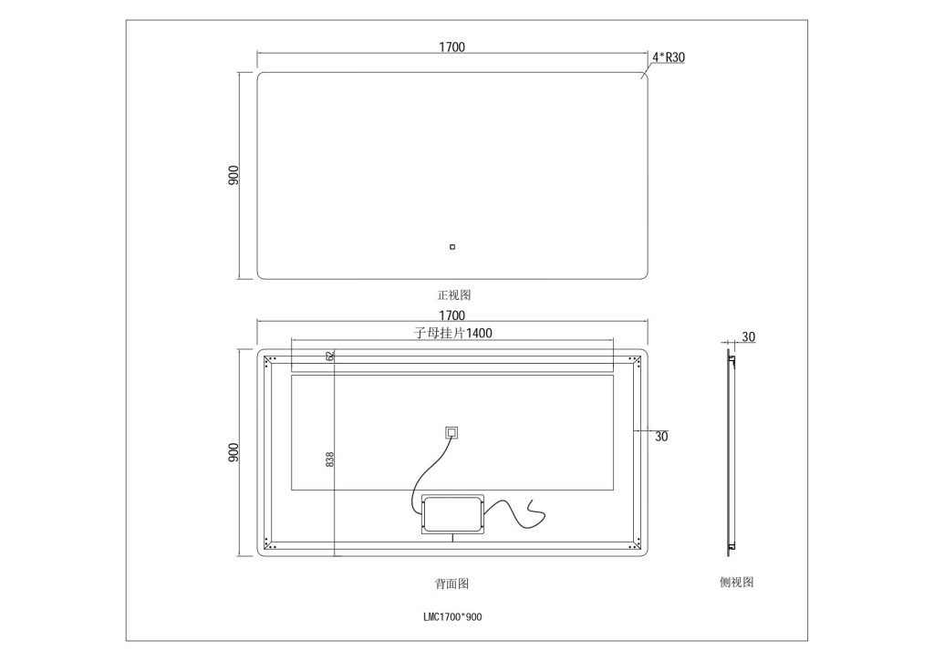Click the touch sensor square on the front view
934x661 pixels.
point(452,246)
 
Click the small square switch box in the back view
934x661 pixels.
point(452,432)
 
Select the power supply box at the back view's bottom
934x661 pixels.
point(452,514)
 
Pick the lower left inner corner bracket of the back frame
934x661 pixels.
point(270,543)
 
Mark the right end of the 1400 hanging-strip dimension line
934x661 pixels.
point(614,340)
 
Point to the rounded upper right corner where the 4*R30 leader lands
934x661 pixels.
point(643,77)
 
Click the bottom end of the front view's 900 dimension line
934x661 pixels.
point(240,279)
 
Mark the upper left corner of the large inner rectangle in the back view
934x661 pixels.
point(291,375)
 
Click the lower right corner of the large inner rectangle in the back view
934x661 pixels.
point(614,491)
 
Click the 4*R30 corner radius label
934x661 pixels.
point(669,57)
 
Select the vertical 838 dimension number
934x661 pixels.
point(330,460)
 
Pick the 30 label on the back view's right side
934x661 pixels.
point(661,437)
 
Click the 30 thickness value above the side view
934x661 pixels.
point(748,337)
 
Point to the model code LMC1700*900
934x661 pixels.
point(452,617)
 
